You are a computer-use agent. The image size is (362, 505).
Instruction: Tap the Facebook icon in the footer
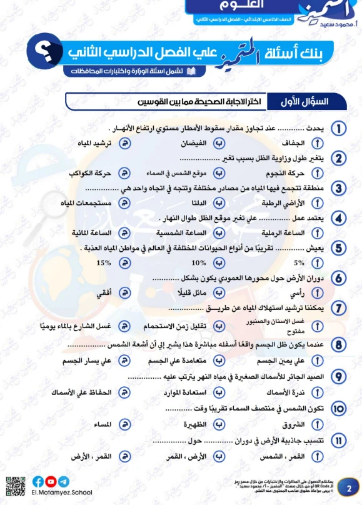pyautogui.click(x=39, y=481)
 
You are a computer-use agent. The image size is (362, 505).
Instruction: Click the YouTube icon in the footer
pyautogui.click(x=51, y=481)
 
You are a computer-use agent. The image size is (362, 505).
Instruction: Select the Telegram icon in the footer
pyautogui.click(x=64, y=481)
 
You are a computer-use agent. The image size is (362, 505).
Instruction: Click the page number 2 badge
pyautogui.click(x=348, y=487)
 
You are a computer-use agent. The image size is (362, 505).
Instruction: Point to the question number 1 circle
pyautogui.click(x=338, y=129)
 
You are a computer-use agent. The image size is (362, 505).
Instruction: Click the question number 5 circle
pyautogui.click(x=338, y=248)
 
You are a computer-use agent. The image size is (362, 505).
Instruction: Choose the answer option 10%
pyautogui.click(x=199, y=262)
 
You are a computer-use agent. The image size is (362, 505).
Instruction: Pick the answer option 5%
pyautogui.click(x=299, y=262)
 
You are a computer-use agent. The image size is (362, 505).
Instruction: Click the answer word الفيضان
pyautogui.click(x=193, y=143)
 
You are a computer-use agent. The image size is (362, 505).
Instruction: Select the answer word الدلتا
pyautogui.click(x=198, y=202)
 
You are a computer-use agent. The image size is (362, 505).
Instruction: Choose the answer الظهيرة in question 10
pyautogui.click(x=194, y=424)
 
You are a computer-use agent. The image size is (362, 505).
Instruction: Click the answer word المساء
pyautogui.click(x=101, y=424)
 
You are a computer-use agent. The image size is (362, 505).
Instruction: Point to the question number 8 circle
pyautogui.click(x=338, y=344)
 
